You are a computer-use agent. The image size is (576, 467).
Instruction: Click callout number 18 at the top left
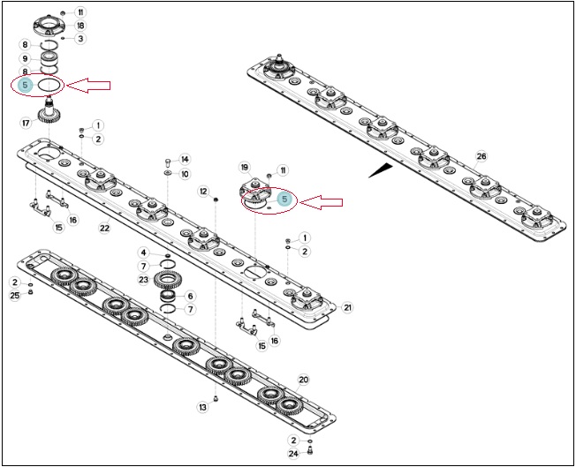tap(80, 26)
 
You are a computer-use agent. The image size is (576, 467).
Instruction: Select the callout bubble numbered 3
tap(80, 39)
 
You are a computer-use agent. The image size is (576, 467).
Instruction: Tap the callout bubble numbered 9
tap(25, 59)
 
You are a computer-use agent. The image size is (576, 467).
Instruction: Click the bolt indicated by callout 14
tap(168, 162)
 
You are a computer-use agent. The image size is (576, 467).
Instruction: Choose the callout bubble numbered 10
tap(185, 174)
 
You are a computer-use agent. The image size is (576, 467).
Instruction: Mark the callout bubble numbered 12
tap(203, 192)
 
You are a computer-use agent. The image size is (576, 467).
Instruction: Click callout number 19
tap(245, 168)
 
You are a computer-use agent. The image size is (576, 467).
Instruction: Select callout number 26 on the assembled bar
tap(481, 156)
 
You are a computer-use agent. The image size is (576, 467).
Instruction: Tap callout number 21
tap(347, 307)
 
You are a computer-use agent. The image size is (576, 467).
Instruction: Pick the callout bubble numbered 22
tap(105, 228)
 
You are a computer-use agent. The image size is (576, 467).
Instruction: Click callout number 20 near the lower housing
tap(303, 380)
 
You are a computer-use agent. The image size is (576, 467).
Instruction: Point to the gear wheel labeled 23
tap(168, 280)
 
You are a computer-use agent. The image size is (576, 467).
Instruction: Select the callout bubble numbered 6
tap(190, 296)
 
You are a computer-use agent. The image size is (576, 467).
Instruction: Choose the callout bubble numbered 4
tap(144, 252)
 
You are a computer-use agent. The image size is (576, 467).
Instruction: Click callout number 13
tap(203, 407)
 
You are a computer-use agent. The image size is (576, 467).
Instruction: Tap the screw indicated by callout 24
tap(309, 449)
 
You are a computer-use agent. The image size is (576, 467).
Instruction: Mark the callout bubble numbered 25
tap(15, 296)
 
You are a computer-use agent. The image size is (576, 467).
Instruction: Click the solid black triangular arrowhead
tap(381, 170)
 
